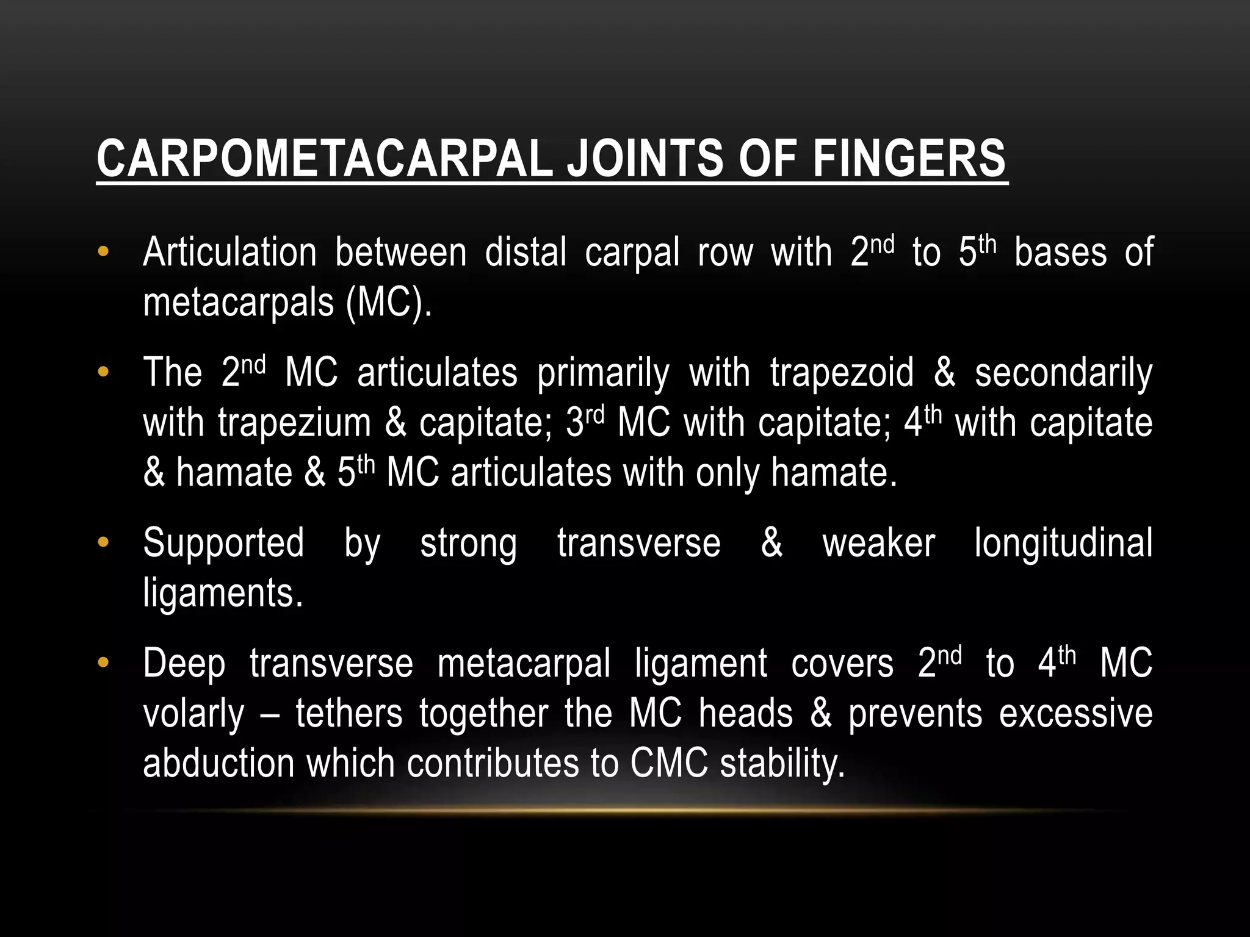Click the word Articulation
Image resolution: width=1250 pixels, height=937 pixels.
[229, 252]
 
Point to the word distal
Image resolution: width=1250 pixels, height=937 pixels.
[526, 252]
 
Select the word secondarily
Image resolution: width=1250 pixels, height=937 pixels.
[1063, 373]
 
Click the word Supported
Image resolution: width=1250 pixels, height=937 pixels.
[223, 543]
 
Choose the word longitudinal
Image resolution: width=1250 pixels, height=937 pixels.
[1063, 543]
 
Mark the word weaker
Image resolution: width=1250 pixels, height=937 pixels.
[878, 543]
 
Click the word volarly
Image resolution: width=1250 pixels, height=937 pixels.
[193, 714]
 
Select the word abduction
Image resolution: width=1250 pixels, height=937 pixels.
[219, 763]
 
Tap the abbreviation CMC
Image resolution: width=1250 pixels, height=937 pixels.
[669, 763]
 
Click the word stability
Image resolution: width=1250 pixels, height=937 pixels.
[782, 764]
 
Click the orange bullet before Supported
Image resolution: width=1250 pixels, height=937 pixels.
[103, 542]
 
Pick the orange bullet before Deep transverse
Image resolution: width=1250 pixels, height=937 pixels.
[103, 662]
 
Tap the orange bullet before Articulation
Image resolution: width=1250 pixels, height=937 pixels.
[103, 251]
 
